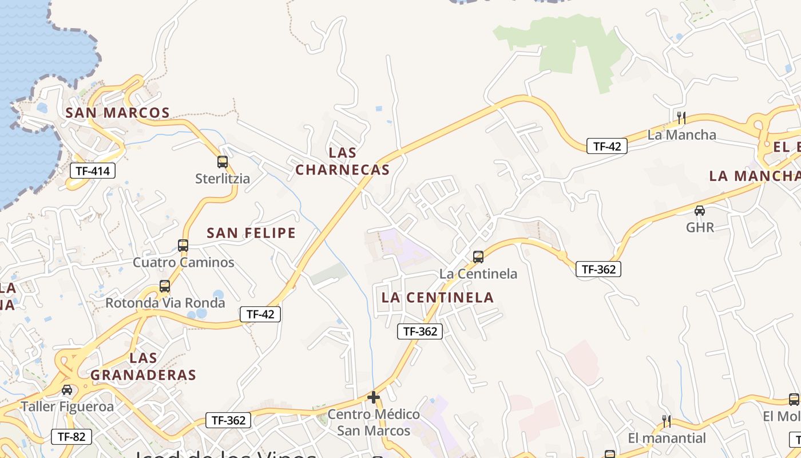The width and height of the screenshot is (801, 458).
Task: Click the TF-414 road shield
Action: [93, 171]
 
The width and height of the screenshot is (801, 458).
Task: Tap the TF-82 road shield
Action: [72, 437]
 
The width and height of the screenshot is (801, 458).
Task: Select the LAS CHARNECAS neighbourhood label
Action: [343, 161]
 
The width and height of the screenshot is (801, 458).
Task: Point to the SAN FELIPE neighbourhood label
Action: [251, 233]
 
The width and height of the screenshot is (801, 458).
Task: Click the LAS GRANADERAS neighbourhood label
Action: [144, 367]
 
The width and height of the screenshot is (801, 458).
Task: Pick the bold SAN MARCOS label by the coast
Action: [118, 113]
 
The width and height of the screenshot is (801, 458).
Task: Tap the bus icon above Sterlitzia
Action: [223, 162]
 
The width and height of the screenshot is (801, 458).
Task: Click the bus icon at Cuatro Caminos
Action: [183, 246]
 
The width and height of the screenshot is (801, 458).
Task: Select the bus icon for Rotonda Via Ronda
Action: [165, 286]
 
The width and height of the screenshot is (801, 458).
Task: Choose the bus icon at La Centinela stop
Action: [478, 257]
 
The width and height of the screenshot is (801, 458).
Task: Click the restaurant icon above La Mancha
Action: [681, 118]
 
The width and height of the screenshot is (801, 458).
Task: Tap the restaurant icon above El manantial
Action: [667, 421]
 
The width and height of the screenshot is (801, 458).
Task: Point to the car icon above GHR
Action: [700, 210]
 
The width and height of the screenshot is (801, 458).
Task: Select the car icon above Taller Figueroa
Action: [67, 390]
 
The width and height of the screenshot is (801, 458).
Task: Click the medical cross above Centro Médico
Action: [374, 397]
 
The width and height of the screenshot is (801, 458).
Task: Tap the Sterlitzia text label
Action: [223, 179]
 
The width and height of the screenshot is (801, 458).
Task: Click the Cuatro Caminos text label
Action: [184, 263]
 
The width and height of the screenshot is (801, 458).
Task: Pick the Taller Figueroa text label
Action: [68, 407]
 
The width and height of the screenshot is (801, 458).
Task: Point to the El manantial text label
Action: [667, 439]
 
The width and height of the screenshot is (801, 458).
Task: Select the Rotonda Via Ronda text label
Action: [165, 303]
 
